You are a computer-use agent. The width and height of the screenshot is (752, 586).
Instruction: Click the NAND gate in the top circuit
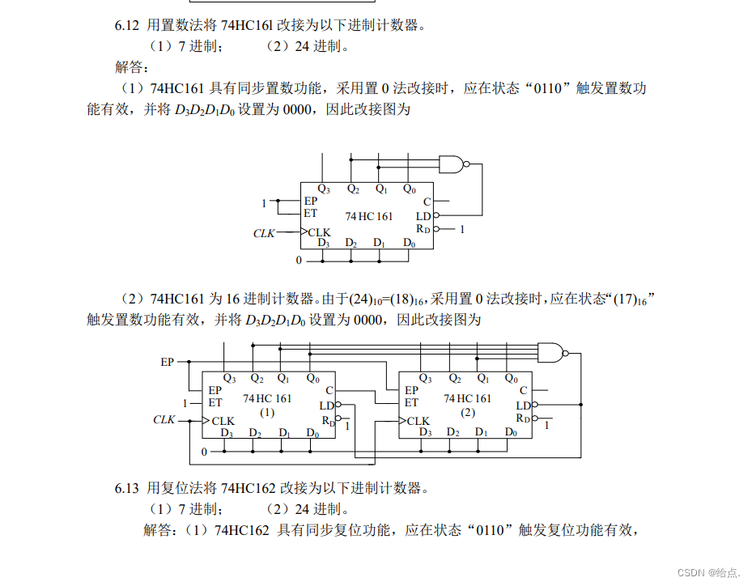452,164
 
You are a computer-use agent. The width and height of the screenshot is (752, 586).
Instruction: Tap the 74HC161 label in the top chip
368,216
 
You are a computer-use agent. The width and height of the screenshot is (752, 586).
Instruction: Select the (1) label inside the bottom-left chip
267,412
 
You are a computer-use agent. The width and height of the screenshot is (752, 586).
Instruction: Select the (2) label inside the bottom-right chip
467,412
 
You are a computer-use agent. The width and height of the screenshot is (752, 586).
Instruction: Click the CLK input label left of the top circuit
264,233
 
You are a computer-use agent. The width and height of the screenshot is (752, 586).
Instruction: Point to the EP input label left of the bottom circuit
168,362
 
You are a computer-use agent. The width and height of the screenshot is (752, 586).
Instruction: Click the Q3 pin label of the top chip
324,189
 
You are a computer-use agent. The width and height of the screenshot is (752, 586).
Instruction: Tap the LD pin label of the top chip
423,216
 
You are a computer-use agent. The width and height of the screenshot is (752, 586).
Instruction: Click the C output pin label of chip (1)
329,390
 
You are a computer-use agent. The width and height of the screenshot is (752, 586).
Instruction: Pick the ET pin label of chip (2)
411,402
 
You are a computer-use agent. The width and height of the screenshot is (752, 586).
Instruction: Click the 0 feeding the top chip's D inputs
298,261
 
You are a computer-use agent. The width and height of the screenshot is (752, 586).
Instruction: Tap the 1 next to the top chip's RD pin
462,230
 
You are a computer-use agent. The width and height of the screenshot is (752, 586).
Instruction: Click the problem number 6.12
127,25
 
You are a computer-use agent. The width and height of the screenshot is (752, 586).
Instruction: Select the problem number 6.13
127,488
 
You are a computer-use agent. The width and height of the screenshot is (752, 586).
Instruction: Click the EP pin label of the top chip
311,202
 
